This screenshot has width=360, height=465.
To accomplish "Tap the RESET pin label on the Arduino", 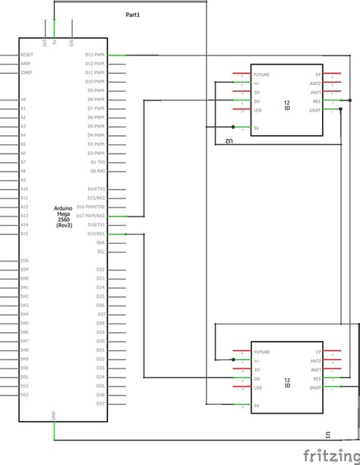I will [27, 55].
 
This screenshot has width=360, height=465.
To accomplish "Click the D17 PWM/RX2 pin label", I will [90, 216].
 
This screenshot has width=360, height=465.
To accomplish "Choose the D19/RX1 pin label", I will [96, 234].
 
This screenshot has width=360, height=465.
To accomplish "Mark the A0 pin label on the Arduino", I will [23, 100].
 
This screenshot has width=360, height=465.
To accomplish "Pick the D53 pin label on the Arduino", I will [24, 394].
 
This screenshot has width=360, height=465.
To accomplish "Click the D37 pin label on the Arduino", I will [100, 403].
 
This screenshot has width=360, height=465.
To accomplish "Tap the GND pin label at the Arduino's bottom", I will [54, 416].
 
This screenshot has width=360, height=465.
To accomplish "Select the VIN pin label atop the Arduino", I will [71, 44].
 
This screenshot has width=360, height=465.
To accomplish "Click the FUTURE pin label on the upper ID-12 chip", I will [262, 75].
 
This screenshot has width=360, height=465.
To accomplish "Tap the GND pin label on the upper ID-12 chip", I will [314, 109].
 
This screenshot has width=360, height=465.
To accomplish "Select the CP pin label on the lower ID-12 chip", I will [317, 353].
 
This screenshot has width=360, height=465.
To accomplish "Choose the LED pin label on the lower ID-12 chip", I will [258, 387].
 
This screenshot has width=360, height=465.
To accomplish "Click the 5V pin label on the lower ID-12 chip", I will [257, 406].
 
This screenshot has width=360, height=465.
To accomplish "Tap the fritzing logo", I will [331, 454].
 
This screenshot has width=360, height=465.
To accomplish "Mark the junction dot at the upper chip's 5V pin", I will [232, 128].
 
